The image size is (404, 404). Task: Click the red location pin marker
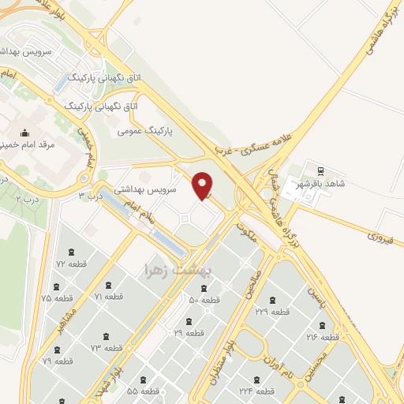[x=204, y=185]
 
